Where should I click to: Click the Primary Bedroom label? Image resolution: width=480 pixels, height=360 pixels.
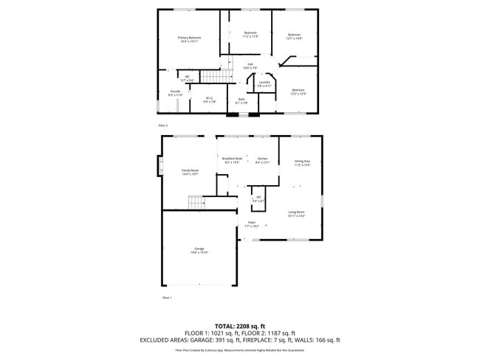click(x=190, y=40)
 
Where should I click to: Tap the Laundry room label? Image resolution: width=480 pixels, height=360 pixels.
click(x=264, y=84)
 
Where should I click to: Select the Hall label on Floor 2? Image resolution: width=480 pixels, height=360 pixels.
click(x=250, y=66)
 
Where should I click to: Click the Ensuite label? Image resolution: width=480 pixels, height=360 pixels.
click(x=175, y=93)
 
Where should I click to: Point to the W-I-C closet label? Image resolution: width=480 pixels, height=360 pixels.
click(x=209, y=100)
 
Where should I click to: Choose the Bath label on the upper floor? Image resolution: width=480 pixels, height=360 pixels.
click(x=241, y=101)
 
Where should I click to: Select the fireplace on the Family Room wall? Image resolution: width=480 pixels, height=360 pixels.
click(x=159, y=167)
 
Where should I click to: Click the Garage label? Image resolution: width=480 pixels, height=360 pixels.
click(x=199, y=250)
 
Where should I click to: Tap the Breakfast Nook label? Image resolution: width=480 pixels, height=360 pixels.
click(x=232, y=160)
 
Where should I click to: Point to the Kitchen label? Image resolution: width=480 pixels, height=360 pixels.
click(x=263, y=160)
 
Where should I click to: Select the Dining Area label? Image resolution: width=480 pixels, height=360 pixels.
click(x=302, y=162)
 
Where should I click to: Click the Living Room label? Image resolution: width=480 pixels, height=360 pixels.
click(x=296, y=214)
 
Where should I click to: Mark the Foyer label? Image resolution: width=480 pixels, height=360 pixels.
click(x=252, y=224)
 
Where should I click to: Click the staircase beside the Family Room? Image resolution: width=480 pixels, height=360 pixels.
click(x=195, y=202)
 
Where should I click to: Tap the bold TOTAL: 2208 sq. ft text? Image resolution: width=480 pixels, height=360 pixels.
click(x=239, y=325)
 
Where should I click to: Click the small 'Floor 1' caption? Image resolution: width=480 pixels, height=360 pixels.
click(x=167, y=297)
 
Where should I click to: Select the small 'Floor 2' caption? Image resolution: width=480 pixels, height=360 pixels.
click(x=162, y=126)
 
